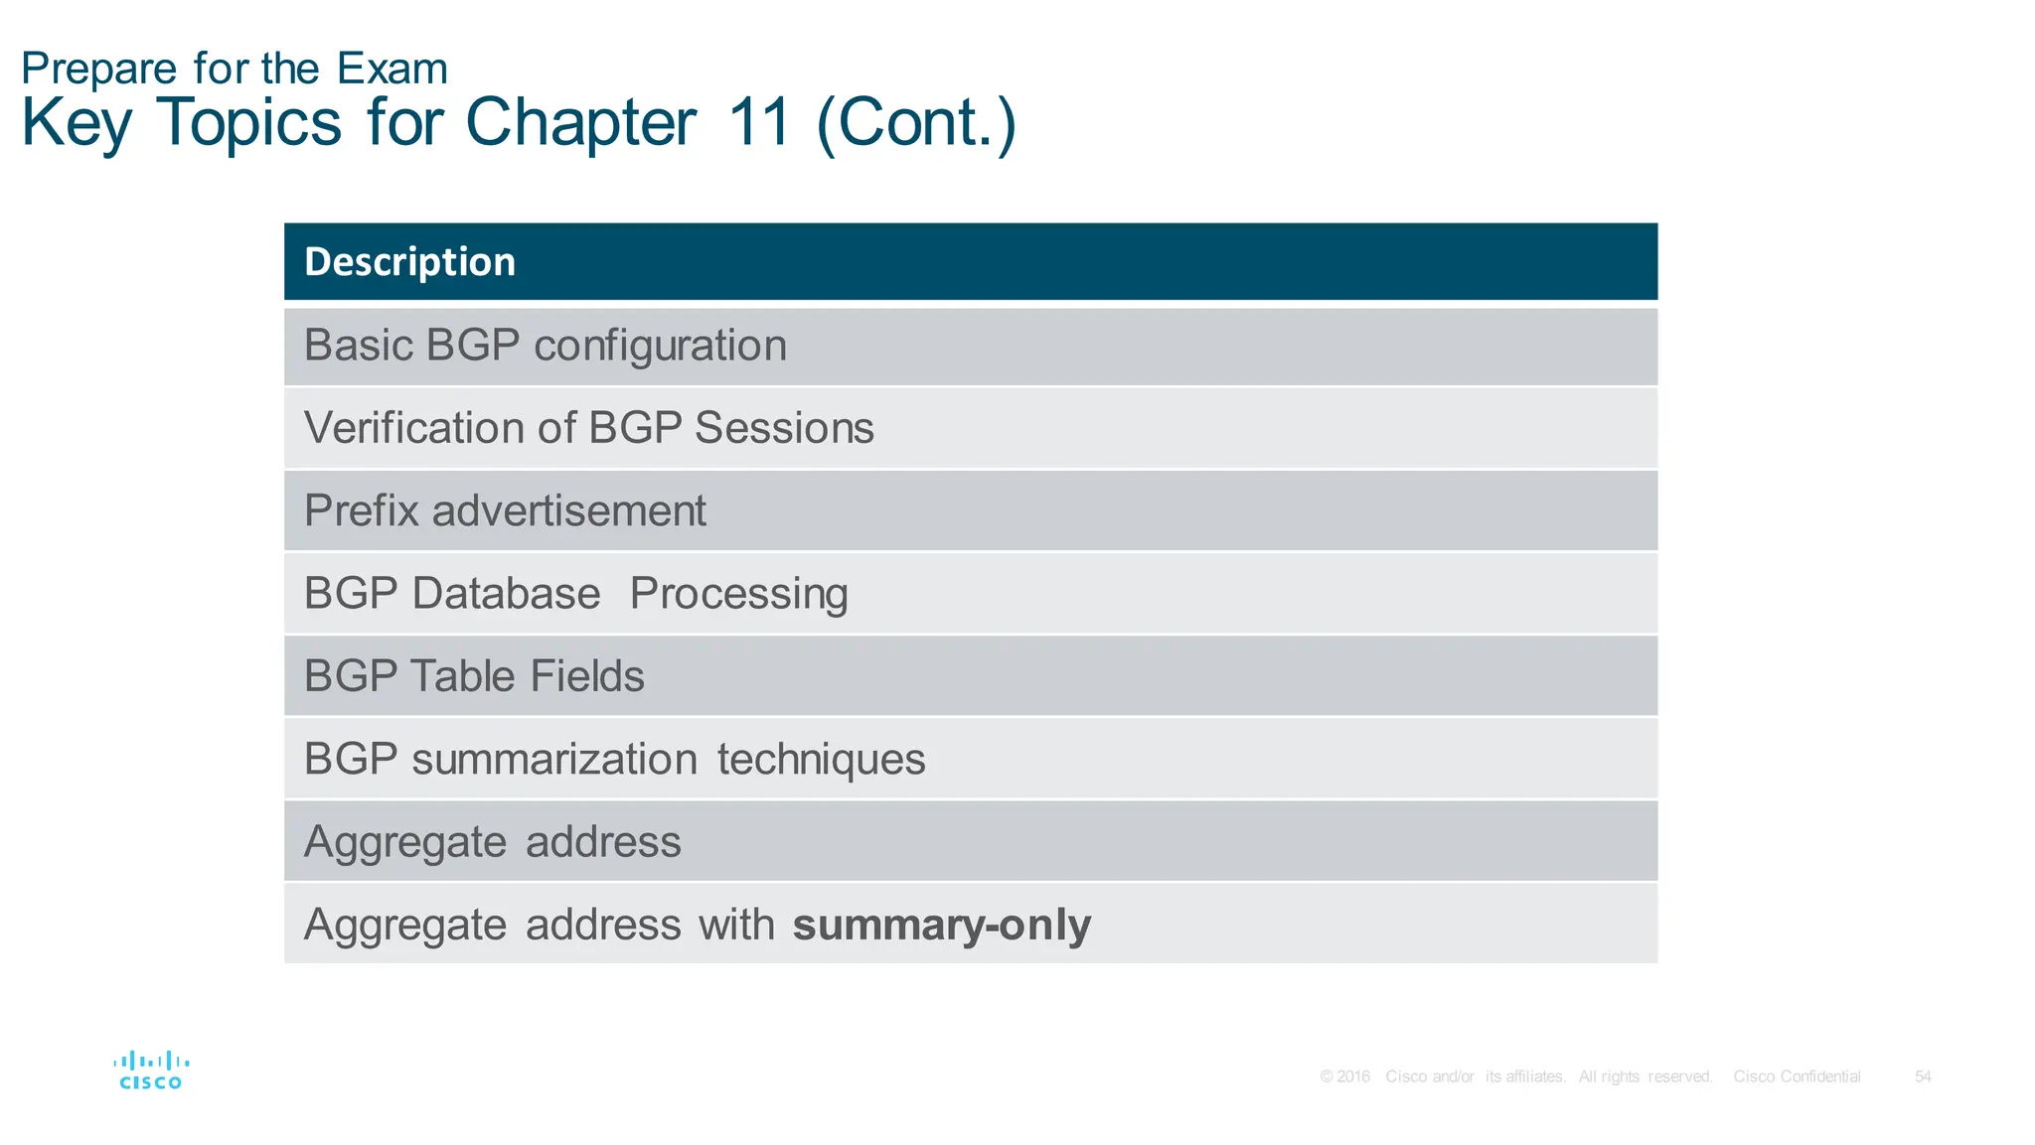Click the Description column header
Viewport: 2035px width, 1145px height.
coord(409,262)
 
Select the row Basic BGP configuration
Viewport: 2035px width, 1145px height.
coord(545,346)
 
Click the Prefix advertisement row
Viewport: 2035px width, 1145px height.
coord(505,511)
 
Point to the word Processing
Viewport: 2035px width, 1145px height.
coord(738,594)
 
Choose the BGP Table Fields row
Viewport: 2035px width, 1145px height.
coord(474,676)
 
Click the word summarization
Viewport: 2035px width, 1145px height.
coord(553,760)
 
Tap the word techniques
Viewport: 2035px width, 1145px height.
coord(821,760)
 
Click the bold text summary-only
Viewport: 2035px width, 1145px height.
coord(941,925)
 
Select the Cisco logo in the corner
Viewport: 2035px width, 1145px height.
coord(151,1071)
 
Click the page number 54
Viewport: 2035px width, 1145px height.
coord(1923,1076)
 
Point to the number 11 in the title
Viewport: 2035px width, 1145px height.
coord(759,123)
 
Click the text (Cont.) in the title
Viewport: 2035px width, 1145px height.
coord(915,123)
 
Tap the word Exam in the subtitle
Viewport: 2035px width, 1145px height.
coord(391,70)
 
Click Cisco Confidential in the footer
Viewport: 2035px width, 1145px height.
coord(1797,1076)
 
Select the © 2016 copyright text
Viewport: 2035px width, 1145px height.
coord(1344,1076)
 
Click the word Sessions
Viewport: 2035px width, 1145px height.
coord(784,428)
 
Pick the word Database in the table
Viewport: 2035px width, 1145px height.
coord(506,594)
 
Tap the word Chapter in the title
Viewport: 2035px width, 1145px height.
coord(580,123)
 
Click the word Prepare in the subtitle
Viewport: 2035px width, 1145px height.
coord(98,70)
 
